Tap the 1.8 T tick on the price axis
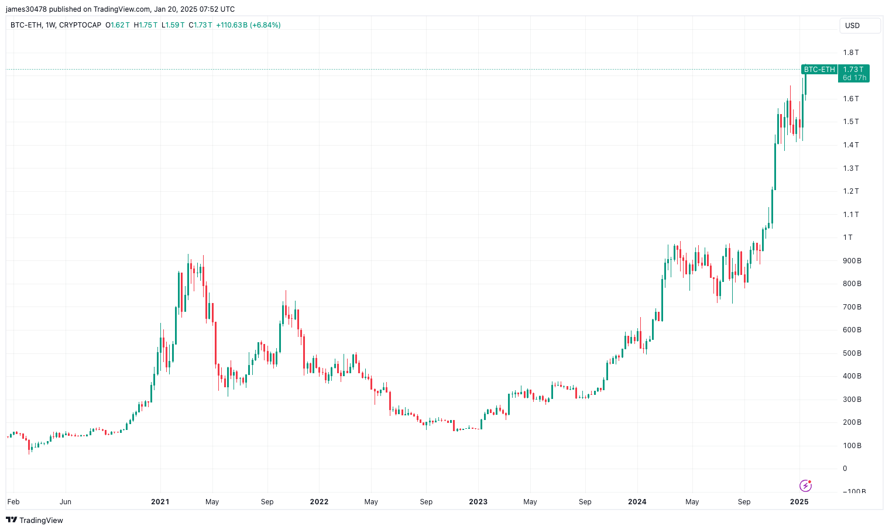coord(851,53)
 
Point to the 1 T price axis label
coord(848,238)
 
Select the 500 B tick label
coord(852,353)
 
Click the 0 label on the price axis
coord(845,469)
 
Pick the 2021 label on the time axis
coord(160,502)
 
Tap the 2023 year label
coord(478,502)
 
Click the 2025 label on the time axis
coord(799,502)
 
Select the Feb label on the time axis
coord(13,502)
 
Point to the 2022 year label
coord(319,502)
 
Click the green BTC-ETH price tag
coord(819,70)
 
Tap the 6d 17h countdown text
coord(854,78)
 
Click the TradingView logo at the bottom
coord(35,520)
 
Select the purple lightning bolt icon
coord(805,486)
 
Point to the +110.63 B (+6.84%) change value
coord(248,25)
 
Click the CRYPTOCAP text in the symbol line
coord(80,25)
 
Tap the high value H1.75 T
coord(146,25)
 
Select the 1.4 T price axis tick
coord(851,145)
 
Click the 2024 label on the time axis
coord(637,502)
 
